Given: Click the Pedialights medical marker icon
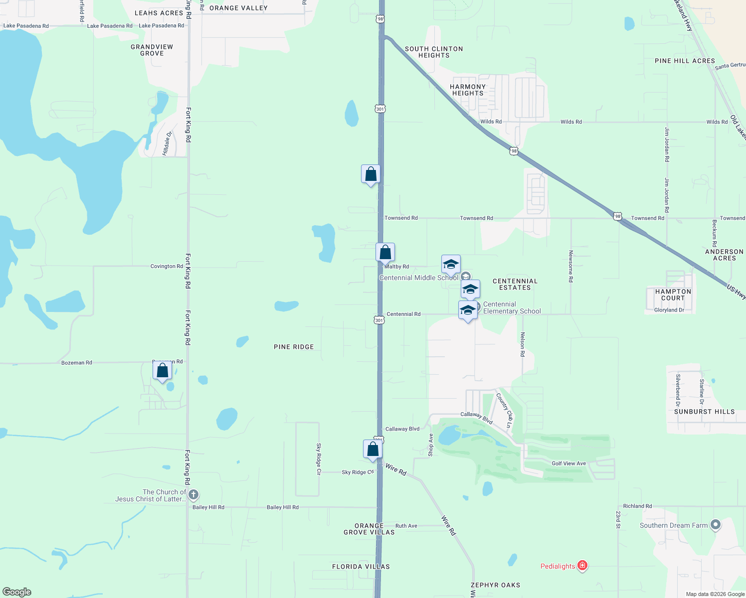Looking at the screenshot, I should pos(582,566).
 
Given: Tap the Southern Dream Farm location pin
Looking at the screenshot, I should pos(716,525).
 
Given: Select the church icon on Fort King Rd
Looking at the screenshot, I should pos(193,495).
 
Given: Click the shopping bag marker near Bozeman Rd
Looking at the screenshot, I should pos(162,371).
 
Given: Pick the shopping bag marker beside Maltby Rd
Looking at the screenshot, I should pos(385,253).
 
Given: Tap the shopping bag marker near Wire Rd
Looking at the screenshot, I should pos(373,449).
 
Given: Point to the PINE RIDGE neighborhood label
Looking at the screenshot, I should pos(294,347).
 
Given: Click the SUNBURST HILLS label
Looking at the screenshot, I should pos(704,412).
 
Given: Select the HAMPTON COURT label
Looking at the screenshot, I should pos(673,295).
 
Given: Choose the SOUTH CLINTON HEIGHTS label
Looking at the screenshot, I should pos(434,52).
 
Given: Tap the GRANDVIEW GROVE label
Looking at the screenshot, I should pos(152,50).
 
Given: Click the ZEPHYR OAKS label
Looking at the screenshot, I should pos(495,585).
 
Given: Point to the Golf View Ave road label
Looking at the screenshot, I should pos(568,463).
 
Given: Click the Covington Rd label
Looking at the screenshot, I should pos(167,266).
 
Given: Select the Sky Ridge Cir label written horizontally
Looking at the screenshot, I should pos(358,472).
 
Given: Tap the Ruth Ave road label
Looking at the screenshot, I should pos(406,526).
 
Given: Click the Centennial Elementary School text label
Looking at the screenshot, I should pos(512,307).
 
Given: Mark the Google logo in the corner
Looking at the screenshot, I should pos(17,592).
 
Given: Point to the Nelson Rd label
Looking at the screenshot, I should pos(523,344).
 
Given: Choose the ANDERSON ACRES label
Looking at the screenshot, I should pos(724,255).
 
